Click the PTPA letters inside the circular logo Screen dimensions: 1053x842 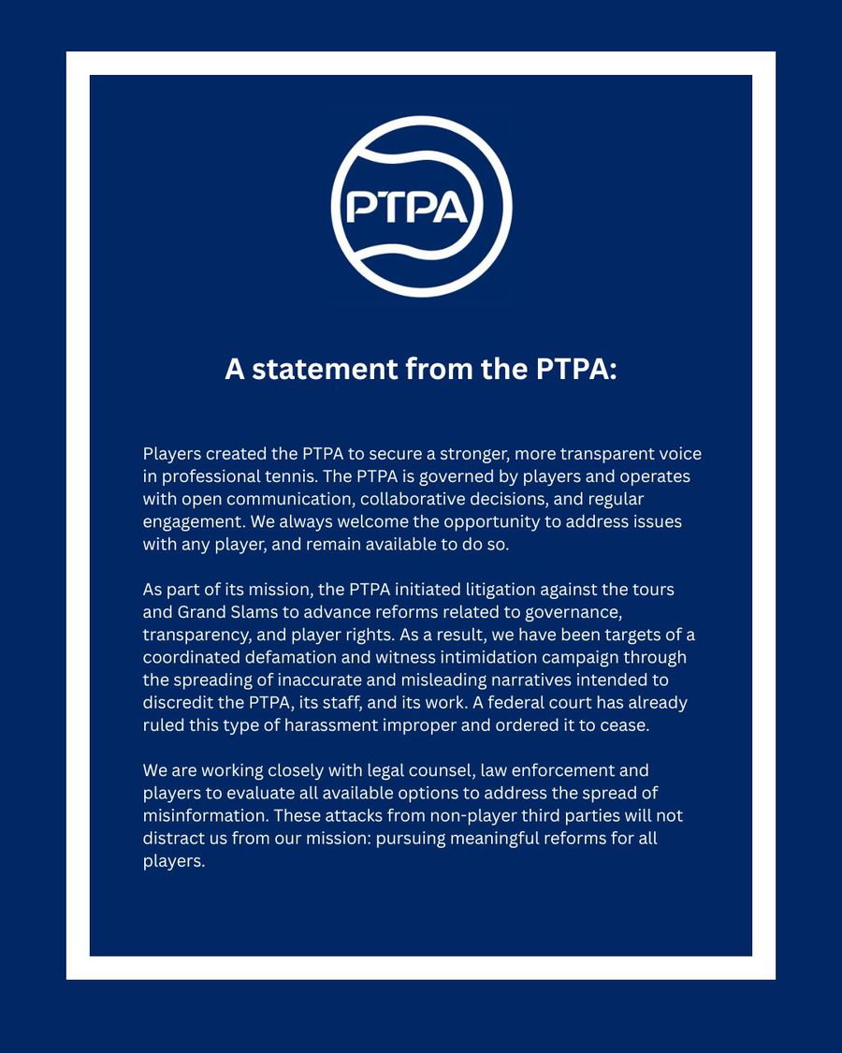tap(407, 207)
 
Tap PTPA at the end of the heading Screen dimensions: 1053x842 tap(575, 369)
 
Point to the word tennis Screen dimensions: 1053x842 tap(286, 476)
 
